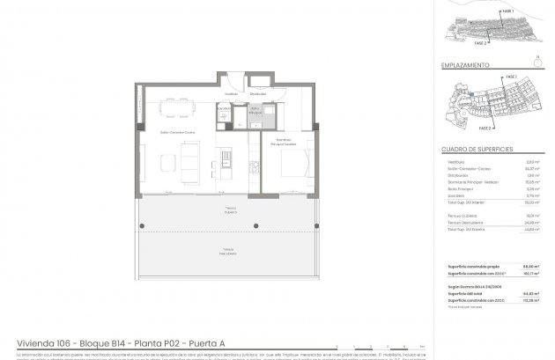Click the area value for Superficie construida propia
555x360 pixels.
pos(531,266)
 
